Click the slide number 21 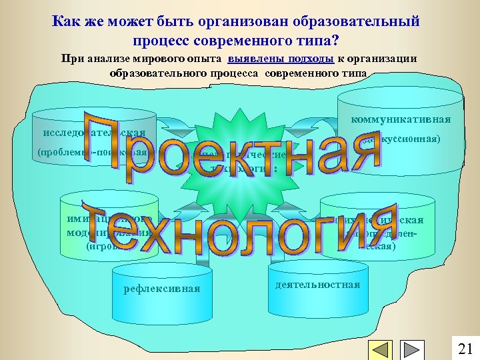pyautogui.click(x=465, y=348)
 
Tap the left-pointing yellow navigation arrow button pyautogui.click(x=381, y=350)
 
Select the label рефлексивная pyautogui.click(x=162, y=289)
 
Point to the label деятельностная pyautogui.click(x=317, y=285)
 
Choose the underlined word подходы pyautogui.click(x=311, y=58)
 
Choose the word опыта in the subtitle pyautogui.click(x=205, y=58)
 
